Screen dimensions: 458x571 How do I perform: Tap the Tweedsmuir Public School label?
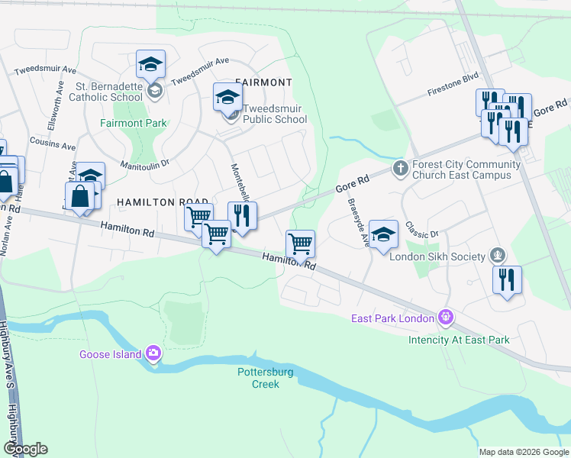[x=275, y=114]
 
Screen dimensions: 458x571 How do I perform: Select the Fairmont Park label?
[x=134, y=123]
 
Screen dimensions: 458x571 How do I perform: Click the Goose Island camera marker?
[x=153, y=353]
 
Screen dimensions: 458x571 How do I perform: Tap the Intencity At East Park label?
[x=458, y=340]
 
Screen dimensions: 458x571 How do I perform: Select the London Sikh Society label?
[x=437, y=256]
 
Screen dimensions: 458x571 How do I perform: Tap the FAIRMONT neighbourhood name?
[x=263, y=82]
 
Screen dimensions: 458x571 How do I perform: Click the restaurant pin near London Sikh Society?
[x=507, y=280]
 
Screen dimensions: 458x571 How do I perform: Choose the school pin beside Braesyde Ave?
[x=384, y=234]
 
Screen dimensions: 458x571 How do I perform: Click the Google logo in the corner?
[x=25, y=449]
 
